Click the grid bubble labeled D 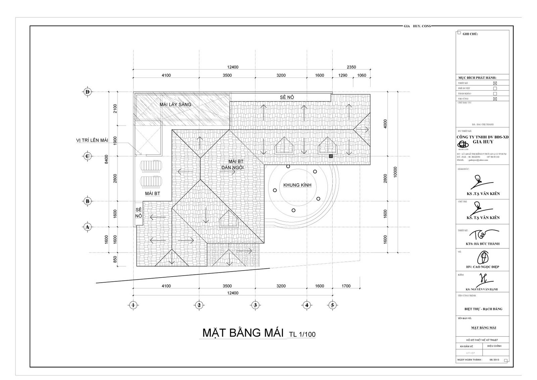tap(88, 92)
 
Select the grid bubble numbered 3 tap(255, 305)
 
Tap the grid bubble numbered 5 tap(333, 305)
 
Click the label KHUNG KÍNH tap(297, 185)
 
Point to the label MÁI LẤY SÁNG tap(175, 104)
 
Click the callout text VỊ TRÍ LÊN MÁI tap(92, 140)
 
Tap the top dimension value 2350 tap(351, 67)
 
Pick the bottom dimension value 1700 tap(346, 286)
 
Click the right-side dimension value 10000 tap(395, 172)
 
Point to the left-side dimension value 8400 tap(106, 159)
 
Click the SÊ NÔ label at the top tap(287, 97)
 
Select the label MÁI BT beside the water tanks tap(152, 194)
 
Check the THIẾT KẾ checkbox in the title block tap(495, 83)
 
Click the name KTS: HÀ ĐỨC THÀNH tap(483, 244)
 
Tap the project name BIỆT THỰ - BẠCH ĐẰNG tap(483, 309)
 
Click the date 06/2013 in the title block tap(494, 360)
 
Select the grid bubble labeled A tap(88, 227)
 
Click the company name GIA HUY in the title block tap(483, 142)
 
